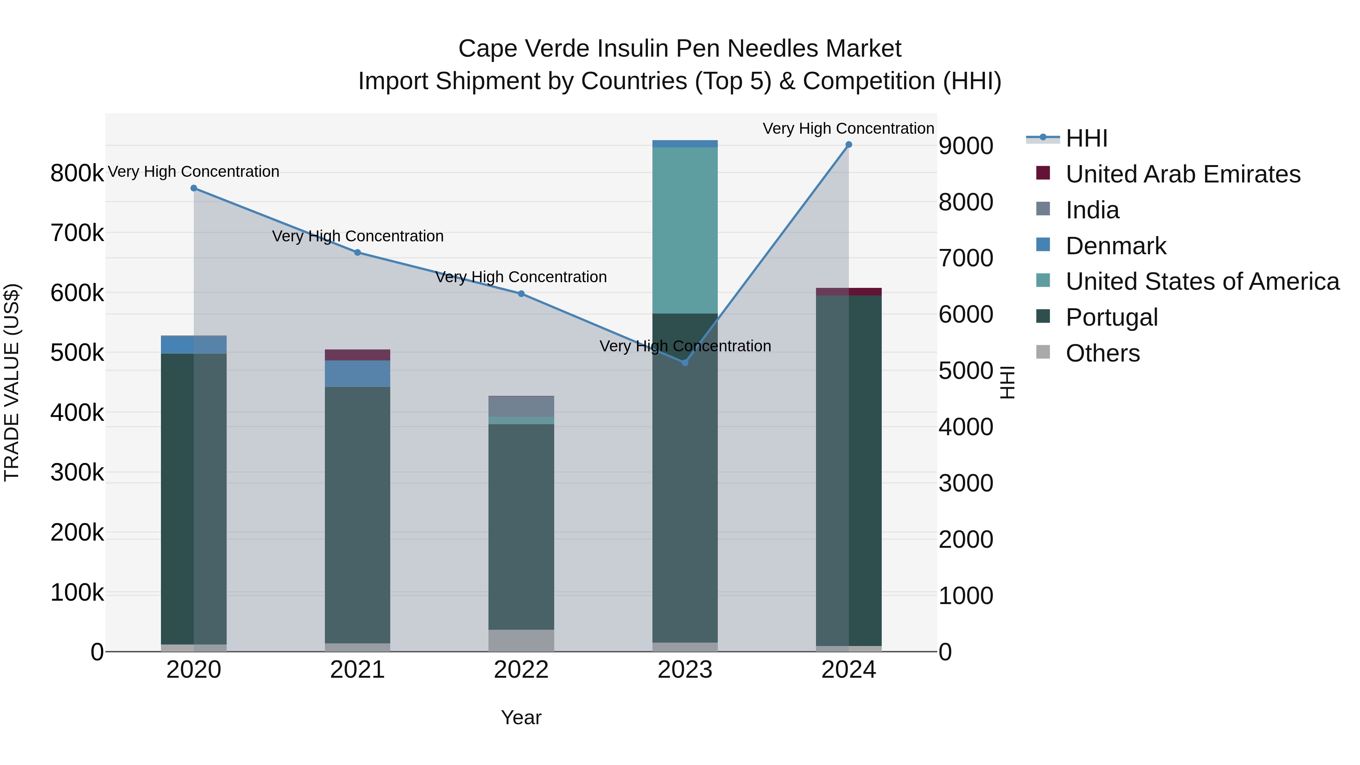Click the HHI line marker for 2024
click(x=848, y=145)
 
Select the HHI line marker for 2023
click(x=685, y=363)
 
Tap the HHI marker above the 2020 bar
click(x=194, y=189)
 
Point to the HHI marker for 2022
click(x=521, y=294)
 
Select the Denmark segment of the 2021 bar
click(x=357, y=374)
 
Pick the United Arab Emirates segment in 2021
click(x=357, y=355)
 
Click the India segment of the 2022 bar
click(x=521, y=406)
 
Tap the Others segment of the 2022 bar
click(x=521, y=640)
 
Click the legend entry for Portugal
click(x=1111, y=317)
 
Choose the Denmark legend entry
click(x=1116, y=246)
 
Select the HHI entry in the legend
click(x=1086, y=138)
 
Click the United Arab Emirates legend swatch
click(x=1043, y=173)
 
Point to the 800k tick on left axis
click(x=77, y=173)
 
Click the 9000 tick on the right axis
click(x=966, y=146)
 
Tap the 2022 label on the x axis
click(x=521, y=670)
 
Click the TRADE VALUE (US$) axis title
click(x=12, y=382)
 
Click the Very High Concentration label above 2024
click(x=848, y=129)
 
